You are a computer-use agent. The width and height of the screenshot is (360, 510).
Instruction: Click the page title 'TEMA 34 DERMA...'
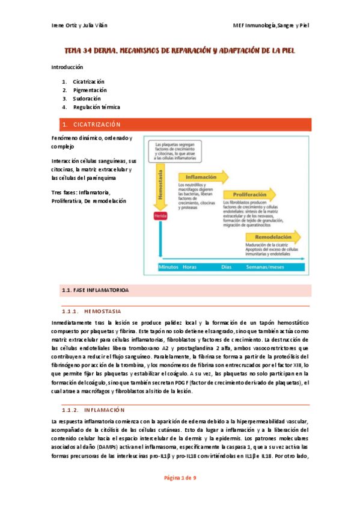coord(180,52)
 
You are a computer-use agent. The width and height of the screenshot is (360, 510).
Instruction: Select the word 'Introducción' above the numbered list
coord(68,67)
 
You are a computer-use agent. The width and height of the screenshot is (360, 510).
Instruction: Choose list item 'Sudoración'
coord(87,98)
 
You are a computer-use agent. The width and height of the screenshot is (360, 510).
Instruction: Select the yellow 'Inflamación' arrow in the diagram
coord(204,177)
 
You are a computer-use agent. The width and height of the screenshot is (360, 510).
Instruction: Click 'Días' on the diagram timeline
coord(227,266)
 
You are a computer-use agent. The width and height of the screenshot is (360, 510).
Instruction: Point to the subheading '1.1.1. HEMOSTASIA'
coord(91,312)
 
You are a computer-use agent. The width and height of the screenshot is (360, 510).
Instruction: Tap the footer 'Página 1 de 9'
coord(180,494)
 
